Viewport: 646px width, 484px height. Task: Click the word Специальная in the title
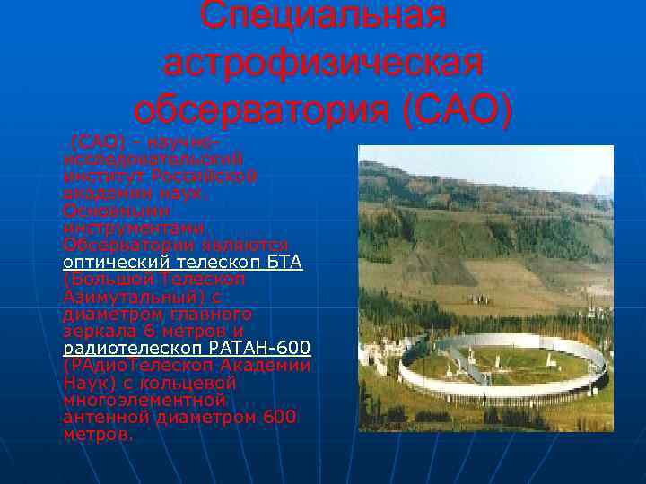pos(323,15)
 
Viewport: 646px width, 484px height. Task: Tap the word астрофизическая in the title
pos(323,64)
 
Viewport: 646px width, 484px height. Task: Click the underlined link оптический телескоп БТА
pos(183,263)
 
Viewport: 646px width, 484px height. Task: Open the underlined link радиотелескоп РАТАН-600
pos(188,348)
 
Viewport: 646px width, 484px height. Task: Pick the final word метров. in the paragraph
pos(99,434)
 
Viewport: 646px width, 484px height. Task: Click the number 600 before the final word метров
pos(278,417)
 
